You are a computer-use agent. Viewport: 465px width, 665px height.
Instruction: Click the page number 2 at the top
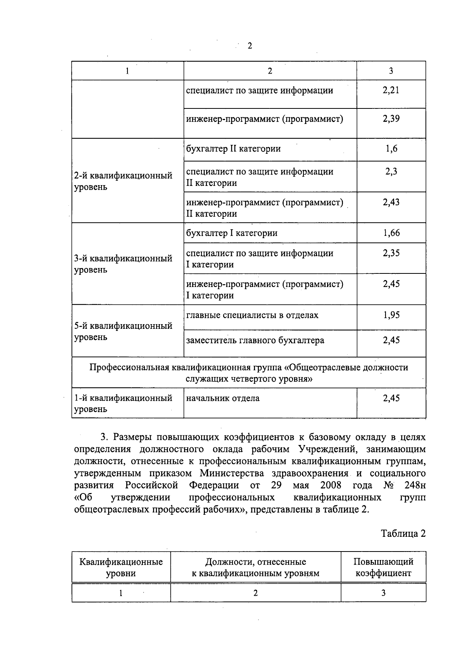point(250,46)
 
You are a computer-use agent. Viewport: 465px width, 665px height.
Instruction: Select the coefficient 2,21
point(391,91)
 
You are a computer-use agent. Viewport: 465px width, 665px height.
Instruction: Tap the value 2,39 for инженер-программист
point(391,119)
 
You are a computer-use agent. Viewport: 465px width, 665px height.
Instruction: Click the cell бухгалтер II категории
point(233,149)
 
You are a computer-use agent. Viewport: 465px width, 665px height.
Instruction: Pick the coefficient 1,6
point(391,149)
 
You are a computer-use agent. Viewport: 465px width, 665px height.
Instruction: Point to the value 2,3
point(391,172)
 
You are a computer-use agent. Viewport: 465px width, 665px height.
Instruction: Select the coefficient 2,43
point(391,202)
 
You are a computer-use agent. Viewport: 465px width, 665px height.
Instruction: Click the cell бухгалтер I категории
point(232,233)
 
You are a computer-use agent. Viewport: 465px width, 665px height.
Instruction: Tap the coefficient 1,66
point(391,233)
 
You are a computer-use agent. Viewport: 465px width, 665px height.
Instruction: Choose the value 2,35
point(391,253)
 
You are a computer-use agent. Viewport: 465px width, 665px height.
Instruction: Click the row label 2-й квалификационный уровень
point(123,181)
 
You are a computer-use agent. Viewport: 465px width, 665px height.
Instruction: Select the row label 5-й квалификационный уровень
point(123,331)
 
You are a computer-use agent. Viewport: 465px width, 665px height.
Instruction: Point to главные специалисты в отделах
point(252,315)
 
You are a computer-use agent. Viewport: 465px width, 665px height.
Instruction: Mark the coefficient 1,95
point(391,315)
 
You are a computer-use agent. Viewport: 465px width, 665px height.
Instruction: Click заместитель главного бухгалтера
point(255,340)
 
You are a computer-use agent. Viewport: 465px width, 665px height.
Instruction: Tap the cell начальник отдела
point(223,398)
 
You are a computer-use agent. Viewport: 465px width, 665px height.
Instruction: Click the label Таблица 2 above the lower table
point(403,533)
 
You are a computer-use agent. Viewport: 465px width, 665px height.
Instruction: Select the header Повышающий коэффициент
point(383,567)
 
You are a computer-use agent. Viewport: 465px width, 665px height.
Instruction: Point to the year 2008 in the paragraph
point(331,485)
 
